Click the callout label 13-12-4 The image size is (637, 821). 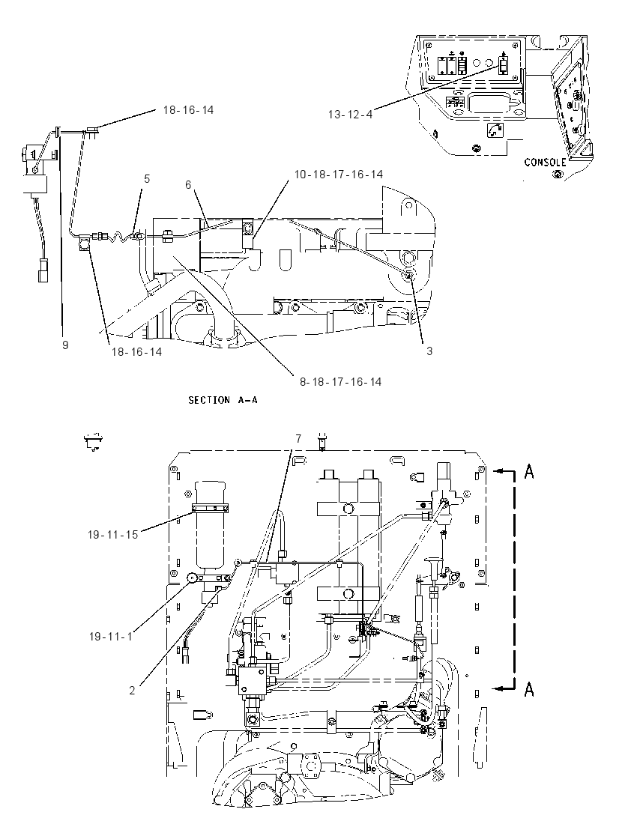pyautogui.click(x=351, y=114)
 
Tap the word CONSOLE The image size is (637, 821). pyautogui.click(x=546, y=163)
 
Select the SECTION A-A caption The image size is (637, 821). pyautogui.click(x=223, y=400)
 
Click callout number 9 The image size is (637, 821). pyautogui.click(x=65, y=345)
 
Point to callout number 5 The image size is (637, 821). pyautogui.click(x=147, y=179)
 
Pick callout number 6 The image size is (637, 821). pyautogui.click(x=188, y=184)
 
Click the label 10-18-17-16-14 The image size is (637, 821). pyautogui.click(x=339, y=175)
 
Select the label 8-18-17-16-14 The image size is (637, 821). pyautogui.click(x=340, y=382)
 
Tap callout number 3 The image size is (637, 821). pyautogui.click(x=429, y=351)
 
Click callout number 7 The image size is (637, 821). pyautogui.click(x=298, y=439)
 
